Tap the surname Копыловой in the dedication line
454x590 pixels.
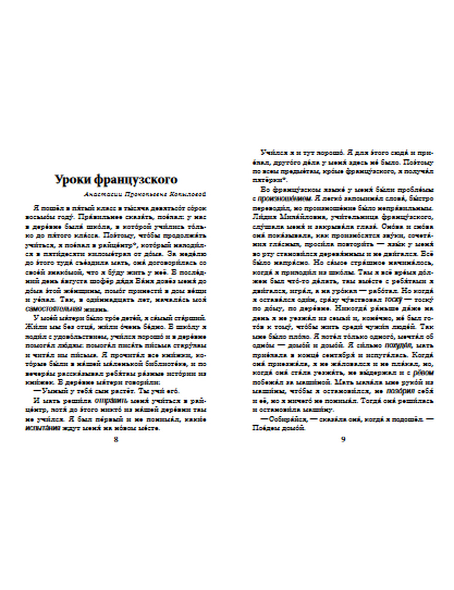(x=186, y=194)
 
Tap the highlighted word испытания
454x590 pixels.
(x=42, y=428)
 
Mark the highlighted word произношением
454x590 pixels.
(x=283, y=198)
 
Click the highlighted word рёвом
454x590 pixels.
(x=425, y=373)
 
